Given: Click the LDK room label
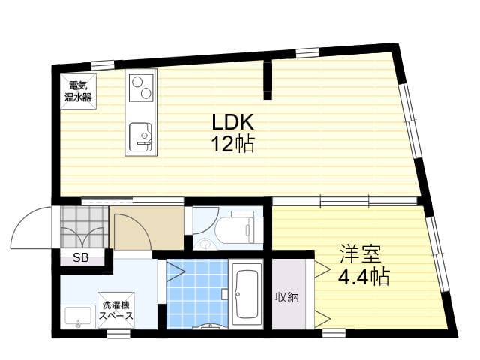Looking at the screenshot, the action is [233, 122].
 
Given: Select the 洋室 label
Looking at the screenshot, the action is [361, 253].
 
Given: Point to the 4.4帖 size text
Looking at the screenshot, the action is [364, 276].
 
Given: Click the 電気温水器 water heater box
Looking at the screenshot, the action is [78, 91].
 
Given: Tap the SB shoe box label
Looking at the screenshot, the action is [80, 257].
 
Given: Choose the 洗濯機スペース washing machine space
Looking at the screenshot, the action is [116, 310].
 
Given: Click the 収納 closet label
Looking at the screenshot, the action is [286, 297].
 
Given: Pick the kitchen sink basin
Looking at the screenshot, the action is [140, 136].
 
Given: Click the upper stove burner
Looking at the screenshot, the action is [136, 82].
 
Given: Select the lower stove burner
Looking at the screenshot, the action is [146, 93].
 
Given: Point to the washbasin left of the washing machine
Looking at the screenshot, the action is [78, 317].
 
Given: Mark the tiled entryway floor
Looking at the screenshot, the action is [85, 227].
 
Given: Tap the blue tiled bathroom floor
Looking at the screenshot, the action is [197, 294].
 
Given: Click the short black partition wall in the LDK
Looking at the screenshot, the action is [268, 80].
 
